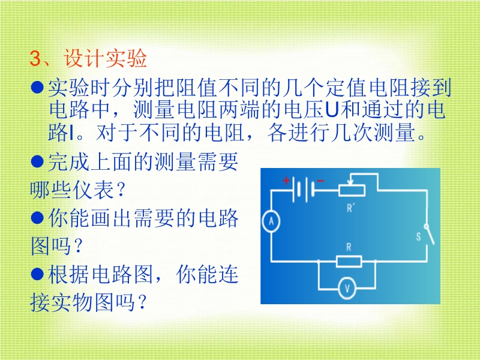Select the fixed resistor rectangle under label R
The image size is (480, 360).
pyautogui.click(x=349, y=262)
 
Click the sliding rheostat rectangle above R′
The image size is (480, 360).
pyautogui.click(x=352, y=190)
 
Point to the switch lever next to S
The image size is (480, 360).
pyautogui.click(x=430, y=235)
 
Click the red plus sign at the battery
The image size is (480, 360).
pyautogui.click(x=286, y=181)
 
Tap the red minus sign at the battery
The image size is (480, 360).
pyautogui.click(x=320, y=181)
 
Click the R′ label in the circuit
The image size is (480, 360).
pyautogui.click(x=350, y=208)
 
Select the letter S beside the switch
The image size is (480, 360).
pyautogui.click(x=418, y=236)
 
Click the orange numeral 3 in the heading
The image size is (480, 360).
pyautogui.click(x=35, y=58)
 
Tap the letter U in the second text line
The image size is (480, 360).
pyautogui.click(x=332, y=110)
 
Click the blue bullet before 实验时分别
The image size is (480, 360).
pyautogui.click(x=37, y=87)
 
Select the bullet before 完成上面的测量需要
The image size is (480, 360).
pyautogui.click(x=37, y=161)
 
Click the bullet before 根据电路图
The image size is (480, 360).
pyautogui.click(x=37, y=274)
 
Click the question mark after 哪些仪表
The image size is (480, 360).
pyautogui.click(x=121, y=190)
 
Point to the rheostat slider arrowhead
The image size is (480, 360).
pyautogui.click(x=352, y=183)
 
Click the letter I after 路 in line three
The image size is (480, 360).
pyautogui.click(x=71, y=133)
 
